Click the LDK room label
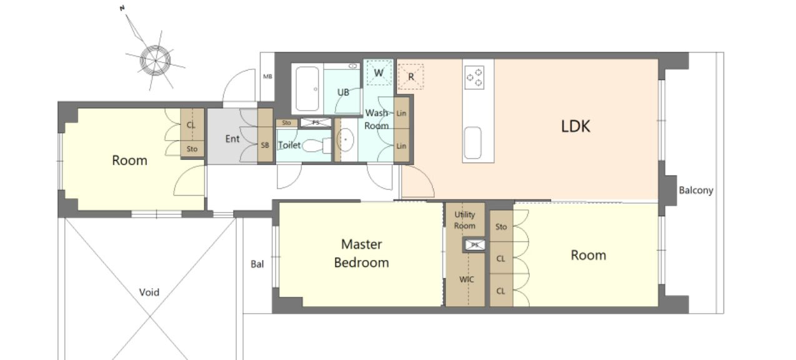[x=575, y=126]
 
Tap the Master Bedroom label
[x=361, y=253]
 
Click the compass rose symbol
[x=156, y=61]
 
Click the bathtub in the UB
[x=307, y=89]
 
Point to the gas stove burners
[x=474, y=77]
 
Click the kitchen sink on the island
[x=472, y=142]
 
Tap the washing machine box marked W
[x=379, y=73]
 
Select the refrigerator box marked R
[x=410, y=76]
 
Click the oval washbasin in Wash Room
[x=346, y=139]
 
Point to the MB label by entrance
[x=267, y=76]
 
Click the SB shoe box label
[x=265, y=146]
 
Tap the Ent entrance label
[x=232, y=139]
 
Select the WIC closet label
[x=466, y=279]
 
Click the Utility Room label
[x=465, y=220]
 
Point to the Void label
[x=149, y=292]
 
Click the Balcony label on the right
[x=696, y=191]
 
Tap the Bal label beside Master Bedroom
[x=257, y=264]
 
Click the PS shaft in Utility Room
[x=475, y=245]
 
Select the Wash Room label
[x=377, y=119]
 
